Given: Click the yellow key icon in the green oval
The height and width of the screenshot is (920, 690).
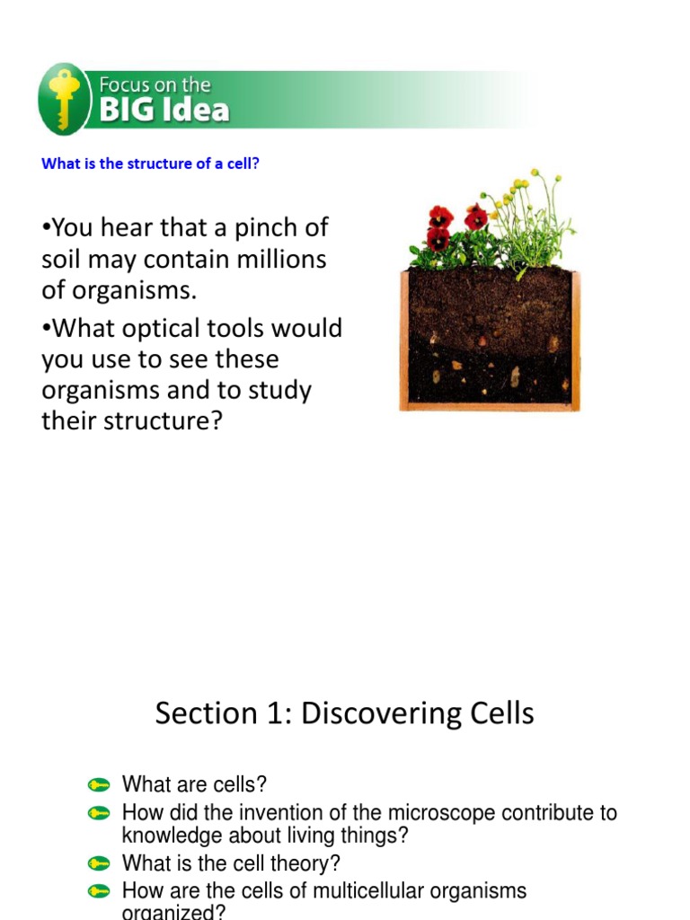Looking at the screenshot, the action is click(64, 99).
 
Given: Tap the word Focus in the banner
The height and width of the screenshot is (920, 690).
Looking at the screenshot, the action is click(124, 85).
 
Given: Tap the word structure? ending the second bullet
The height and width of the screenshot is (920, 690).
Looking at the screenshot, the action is click(164, 420).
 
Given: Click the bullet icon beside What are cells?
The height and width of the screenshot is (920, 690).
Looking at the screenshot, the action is click(99, 784).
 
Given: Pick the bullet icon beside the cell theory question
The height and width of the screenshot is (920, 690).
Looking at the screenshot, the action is click(99, 863).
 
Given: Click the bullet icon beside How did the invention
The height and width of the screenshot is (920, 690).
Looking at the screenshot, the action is click(99, 813).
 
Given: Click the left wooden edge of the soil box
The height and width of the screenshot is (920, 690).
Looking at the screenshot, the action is click(403, 340).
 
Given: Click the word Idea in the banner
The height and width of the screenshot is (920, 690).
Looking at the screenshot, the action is click(195, 110).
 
